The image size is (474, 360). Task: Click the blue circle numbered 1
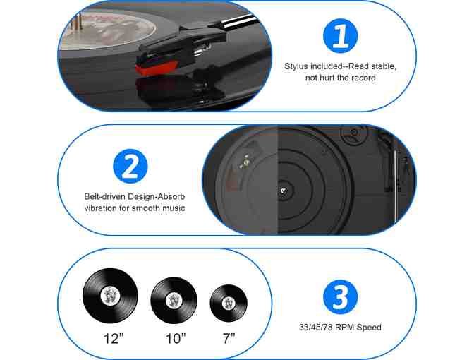(340, 36)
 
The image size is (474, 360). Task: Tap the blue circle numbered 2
(130, 166)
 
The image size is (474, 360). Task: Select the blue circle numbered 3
(340, 296)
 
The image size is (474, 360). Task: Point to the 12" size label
(114, 339)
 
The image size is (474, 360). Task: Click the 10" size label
(176, 339)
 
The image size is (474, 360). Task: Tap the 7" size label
(229, 339)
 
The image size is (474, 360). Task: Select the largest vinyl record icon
(110, 296)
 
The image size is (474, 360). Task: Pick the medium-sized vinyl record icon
(174, 301)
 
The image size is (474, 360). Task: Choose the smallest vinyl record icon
(229, 303)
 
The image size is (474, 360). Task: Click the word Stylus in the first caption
(296, 66)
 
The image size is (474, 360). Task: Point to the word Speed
(369, 328)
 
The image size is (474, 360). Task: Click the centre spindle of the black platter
(284, 191)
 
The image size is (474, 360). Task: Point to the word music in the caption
(174, 208)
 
